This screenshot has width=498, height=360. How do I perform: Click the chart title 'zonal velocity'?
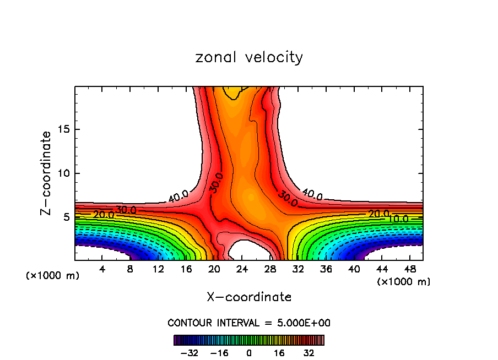249,57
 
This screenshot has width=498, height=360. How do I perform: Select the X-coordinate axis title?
249,297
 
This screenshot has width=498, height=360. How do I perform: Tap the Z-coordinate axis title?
47,173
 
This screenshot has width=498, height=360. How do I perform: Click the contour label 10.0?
398,219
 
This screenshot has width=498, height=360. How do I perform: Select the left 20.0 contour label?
104,215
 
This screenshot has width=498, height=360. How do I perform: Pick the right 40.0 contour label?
312,194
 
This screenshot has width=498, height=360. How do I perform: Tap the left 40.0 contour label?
178,196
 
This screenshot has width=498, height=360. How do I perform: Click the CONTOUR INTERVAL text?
249,323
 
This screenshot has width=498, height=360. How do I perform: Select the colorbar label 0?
249,353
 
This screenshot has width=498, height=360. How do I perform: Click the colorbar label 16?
279,353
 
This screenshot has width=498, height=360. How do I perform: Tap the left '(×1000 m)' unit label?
53,276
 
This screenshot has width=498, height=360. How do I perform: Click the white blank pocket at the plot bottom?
248,252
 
